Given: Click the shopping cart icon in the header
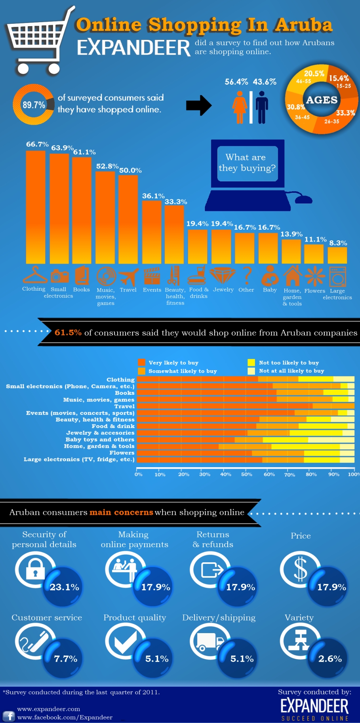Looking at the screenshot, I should tap(38, 42).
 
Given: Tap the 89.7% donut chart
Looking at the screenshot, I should tap(33, 105).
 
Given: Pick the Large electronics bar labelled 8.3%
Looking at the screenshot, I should tap(337, 255).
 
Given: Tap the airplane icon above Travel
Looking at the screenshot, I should tap(129, 276).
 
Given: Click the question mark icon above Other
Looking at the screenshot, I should tap(247, 275).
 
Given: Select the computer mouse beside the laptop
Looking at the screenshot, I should tap(304, 199).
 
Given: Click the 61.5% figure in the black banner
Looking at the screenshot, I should tap(68, 333).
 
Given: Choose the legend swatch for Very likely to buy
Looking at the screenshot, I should tap(141, 362).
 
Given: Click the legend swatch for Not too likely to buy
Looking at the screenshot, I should tap(251, 362).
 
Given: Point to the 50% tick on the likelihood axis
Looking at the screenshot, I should tap(246, 474).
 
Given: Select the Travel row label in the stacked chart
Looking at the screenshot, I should tap(124, 406).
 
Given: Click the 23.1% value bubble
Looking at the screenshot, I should tap(64, 587).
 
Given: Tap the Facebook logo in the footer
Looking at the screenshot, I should tap(9, 716).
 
